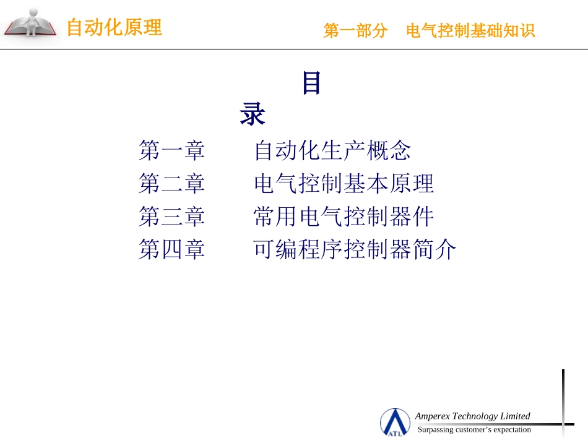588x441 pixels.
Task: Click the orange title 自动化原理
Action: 114,27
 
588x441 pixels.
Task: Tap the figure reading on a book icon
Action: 30,24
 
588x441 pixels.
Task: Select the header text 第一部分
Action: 355,31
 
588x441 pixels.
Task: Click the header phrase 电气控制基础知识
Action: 470,31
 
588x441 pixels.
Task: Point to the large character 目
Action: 311,83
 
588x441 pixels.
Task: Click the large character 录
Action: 253,114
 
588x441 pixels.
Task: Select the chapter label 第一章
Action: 171,150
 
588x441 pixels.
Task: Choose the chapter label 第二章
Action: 171,184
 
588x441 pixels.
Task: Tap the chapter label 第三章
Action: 171,216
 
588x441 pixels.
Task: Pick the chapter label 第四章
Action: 171,249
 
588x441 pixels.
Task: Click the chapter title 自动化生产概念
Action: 332,150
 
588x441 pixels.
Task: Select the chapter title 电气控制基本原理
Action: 344,184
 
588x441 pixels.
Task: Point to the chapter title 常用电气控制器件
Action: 344,216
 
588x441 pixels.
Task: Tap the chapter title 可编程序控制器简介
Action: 355,249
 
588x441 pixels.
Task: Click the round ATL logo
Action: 395,422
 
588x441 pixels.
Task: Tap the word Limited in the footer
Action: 515,416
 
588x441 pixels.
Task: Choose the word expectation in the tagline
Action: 512,430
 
